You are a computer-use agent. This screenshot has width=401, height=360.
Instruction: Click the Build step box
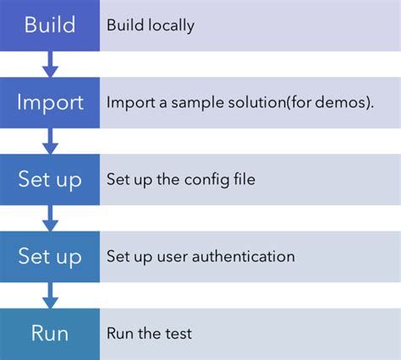pyautogui.click(x=49, y=25)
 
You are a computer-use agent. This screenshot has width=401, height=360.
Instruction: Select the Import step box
pyautogui.click(x=49, y=102)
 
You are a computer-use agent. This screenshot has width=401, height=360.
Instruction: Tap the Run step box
pyautogui.click(x=49, y=333)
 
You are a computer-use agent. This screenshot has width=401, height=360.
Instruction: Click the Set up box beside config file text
pyautogui.click(x=49, y=179)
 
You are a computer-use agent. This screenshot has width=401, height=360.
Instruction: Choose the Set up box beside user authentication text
pyautogui.click(x=49, y=256)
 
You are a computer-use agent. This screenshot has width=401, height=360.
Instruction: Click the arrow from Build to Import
pyautogui.click(x=50, y=63)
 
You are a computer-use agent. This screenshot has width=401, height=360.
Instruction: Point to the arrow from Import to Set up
pyautogui.click(x=50, y=140)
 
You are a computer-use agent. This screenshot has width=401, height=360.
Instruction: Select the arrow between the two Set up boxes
pyautogui.click(x=50, y=217)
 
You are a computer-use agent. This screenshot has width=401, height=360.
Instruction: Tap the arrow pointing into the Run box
pyautogui.click(x=50, y=294)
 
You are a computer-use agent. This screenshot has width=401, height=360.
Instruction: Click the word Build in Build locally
pyautogui.click(x=124, y=25)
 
